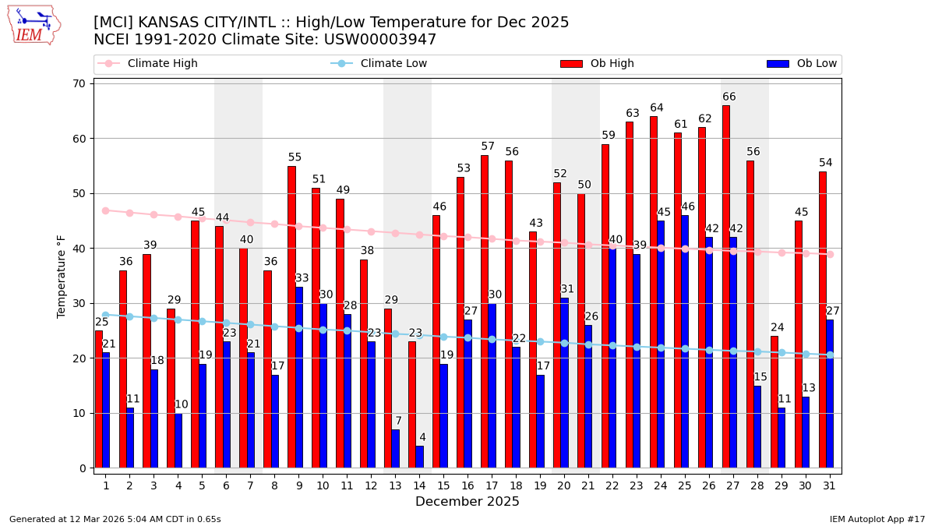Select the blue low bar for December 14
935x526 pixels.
tap(419, 457)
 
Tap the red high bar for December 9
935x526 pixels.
tap(291, 317)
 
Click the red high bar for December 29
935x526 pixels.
tap(774, 402)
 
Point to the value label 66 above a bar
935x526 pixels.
tap(729, 97)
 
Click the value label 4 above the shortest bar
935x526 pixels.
tap(422, 438)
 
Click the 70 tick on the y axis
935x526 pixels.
tap(79, 83)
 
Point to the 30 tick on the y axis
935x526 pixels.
tap(79, 304)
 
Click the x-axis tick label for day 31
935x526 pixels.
tap(830, 485)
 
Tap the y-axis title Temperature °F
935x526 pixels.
tap(62, 276)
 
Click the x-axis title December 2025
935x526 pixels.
tap(467, 502)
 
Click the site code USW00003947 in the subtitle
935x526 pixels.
tap(384, 40)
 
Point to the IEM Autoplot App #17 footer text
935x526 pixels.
tap(877, 519)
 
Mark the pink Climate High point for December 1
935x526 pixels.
tap(105, 210)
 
